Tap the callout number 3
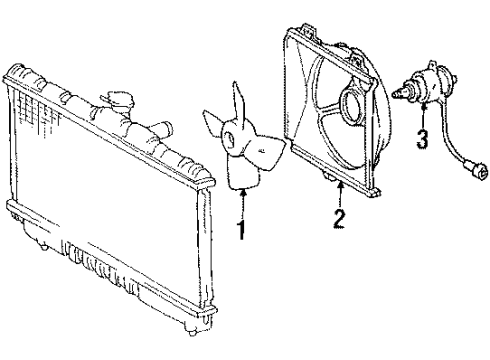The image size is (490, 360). pos(423,140)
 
